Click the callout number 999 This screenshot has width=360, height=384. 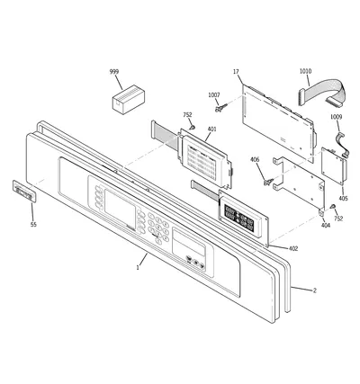114,72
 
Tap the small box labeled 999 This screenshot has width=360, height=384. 129,99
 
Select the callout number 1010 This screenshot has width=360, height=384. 305,71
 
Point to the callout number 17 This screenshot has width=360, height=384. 236,72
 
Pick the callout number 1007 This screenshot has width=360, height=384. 214,95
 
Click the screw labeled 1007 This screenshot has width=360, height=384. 221,107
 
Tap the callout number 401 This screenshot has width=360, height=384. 211,129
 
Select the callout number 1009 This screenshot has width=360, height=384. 336,117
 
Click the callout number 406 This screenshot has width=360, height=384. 255,160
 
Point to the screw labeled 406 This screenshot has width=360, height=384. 268,182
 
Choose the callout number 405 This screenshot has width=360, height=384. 343,198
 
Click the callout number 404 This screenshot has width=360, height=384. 326,225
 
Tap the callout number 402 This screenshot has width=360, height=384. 293,248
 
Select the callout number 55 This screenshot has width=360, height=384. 33,225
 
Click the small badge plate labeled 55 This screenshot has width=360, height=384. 24,192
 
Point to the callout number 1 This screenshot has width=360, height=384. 138,268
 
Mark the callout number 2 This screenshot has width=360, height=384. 315,290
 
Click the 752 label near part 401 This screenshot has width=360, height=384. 187,115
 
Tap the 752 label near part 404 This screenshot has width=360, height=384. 338,219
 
